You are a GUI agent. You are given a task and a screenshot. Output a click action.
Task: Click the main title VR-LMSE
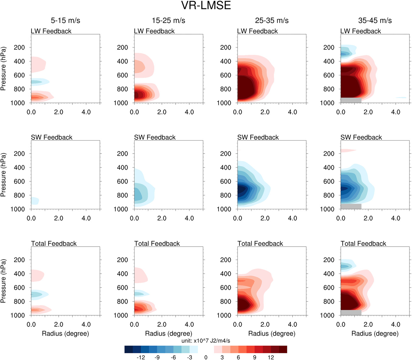click(x=206, y=6)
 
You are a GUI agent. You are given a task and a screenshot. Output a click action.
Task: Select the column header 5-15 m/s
click(x=65, y=20)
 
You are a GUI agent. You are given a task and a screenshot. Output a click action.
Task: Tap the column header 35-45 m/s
click(x=375, y=20)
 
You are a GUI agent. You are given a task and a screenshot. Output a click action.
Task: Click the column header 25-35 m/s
click(x=272, y=20)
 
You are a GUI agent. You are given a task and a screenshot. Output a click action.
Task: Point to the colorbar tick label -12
click(x=141, y=357)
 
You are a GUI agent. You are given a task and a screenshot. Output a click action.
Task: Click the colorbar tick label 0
click(x=206, y=357)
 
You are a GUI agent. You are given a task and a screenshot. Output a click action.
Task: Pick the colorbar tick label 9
click(x=255, y=357)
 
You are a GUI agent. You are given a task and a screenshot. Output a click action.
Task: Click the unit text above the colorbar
click(x=206, y=341)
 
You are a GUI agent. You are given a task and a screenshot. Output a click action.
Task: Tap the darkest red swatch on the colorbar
click(x=283, y=349)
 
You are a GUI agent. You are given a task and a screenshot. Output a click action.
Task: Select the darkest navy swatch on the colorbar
click(x=129, y=349)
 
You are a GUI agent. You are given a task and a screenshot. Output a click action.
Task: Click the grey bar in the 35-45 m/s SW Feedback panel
click(x=351, y=206)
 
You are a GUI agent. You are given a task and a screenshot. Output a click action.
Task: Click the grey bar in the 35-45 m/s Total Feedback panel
click(x=351, y=312)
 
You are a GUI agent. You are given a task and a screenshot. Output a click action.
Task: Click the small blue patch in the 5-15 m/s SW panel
click(x=34, y=201)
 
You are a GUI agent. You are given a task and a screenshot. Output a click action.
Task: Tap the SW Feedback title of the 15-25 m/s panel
click(x=155, y=137)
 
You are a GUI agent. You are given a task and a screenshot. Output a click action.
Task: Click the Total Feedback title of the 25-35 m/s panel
click(x=260, y=243)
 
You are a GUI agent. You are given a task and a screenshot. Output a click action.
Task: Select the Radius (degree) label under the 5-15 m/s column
click(x=65, y=333)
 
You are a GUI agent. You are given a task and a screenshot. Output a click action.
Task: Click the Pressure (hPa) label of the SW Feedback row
click(x=4, y=175)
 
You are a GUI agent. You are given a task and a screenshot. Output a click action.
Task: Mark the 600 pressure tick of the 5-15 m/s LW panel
click(x=19, y=75)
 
